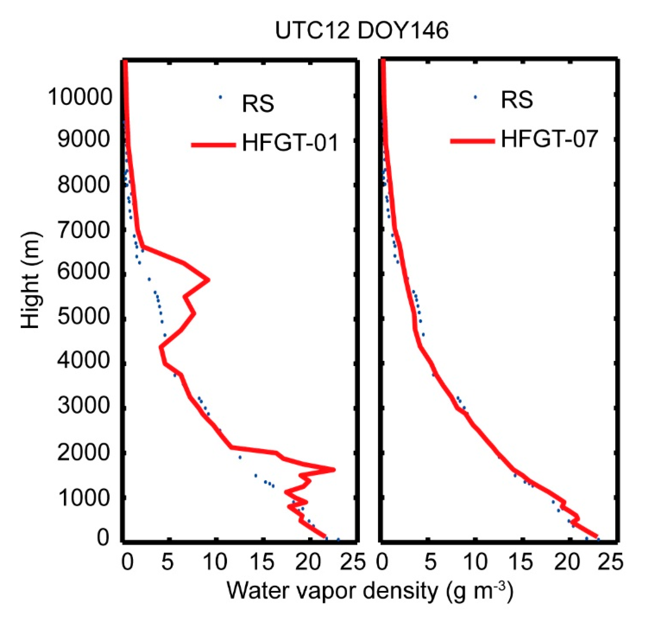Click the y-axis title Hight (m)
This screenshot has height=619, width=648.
tap(32, 281)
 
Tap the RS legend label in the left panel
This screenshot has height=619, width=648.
tap(258, 103)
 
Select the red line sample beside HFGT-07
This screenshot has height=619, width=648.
tap(473, 141)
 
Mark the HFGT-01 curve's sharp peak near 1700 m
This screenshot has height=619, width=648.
tap(334, 469)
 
